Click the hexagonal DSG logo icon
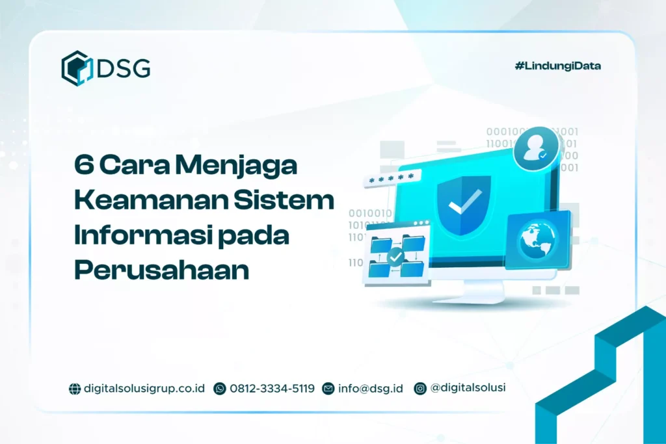click(77, 68)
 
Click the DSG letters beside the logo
click(123, 68)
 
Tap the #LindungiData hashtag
click(557, 66)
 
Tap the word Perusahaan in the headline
click(161, 270)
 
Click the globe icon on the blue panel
click(537, 238)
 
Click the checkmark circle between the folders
click(395, 257)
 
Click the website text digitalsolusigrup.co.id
click(144, 388)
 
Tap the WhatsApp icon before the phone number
click(220, 389)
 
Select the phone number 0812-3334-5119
click(272, 388)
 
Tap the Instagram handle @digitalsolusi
click(468, 387)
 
